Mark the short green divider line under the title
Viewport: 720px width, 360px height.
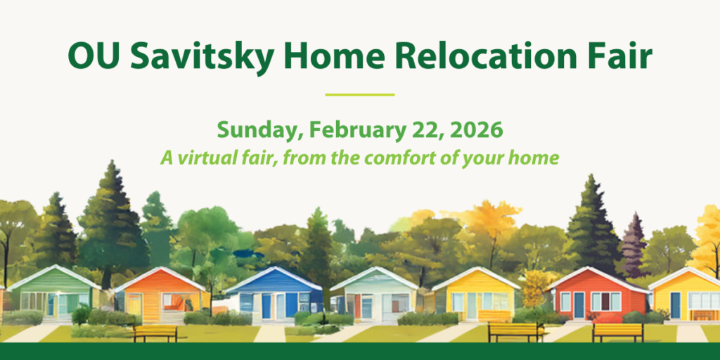click(x=360, y=94)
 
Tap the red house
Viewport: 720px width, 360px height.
click(x=598, y=295)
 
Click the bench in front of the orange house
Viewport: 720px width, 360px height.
click(x=155, y=332)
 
